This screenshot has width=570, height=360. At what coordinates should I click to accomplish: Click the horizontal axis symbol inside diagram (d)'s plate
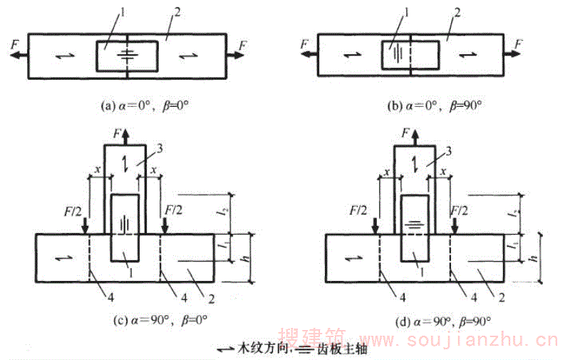pyautogui.click(x=413, y=224)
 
